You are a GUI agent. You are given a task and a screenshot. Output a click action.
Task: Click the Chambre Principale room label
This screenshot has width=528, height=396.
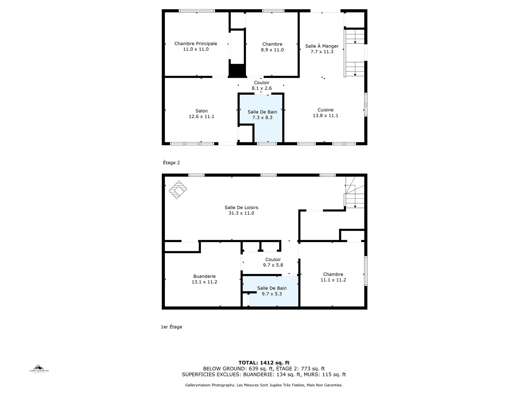coord(196,44)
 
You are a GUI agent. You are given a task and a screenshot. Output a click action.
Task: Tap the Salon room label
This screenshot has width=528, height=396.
coord(201,111)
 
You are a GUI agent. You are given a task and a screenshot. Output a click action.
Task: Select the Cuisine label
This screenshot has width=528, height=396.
coord(325,110)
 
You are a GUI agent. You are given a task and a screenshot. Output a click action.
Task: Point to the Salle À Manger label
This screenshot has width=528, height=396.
coord(322,46)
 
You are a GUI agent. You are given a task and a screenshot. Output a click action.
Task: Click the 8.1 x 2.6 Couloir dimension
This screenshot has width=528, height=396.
coord(262,88)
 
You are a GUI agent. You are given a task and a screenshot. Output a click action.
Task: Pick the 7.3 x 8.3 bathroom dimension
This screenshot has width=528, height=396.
coord(262,118)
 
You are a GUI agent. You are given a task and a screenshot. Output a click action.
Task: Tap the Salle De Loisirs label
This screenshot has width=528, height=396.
coord(241,208)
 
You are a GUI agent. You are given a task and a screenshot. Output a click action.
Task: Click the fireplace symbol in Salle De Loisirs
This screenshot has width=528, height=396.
coord(178,190)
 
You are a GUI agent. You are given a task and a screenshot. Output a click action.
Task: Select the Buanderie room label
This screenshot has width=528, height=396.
coord(205,276)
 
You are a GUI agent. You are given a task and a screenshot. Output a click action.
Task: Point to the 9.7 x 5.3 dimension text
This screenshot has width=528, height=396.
coord(272,294)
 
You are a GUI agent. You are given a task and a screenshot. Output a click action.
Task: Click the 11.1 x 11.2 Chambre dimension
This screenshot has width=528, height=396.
coord(333,280)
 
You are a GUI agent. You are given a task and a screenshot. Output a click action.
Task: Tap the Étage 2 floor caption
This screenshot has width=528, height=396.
coord(171,163)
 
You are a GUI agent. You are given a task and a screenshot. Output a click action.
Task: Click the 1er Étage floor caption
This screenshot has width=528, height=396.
coord(171,327)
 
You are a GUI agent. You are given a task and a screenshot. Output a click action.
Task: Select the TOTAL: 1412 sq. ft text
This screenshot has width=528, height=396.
coord(264,363)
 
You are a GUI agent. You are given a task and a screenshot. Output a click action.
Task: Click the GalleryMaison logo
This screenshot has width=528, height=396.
coord(39,369)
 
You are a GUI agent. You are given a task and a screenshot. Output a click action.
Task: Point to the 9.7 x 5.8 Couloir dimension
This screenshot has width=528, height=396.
coord(273,265)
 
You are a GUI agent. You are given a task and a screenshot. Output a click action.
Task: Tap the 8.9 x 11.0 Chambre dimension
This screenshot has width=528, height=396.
coord(272,50)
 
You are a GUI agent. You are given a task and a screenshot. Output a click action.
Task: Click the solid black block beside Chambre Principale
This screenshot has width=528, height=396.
coord(237,71)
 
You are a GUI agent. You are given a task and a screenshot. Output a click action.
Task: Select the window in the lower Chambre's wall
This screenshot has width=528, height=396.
coord(366,271)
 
